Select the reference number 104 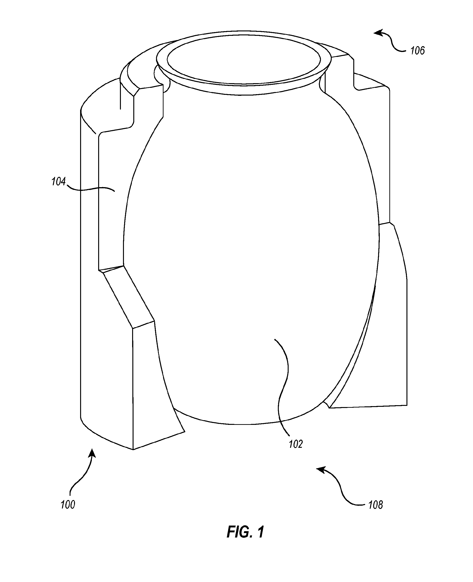[59, 182]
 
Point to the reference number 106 [417, 51]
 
